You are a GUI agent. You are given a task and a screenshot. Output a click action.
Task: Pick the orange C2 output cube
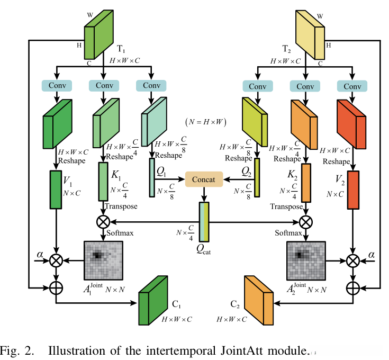coord(259,300)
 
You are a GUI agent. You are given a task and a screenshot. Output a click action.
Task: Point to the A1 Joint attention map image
coord(103,260)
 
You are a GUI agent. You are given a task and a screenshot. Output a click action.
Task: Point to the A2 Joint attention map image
coord(305,260)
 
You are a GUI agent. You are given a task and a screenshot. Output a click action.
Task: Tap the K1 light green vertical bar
coord(103,182)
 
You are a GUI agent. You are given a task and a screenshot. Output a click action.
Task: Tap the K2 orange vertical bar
coord(306,182)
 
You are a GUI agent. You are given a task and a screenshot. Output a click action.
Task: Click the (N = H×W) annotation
coord(206,122)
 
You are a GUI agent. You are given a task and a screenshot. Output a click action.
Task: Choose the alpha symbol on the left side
coord(40,255)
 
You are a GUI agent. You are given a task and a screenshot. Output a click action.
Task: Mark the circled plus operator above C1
coord(56,287)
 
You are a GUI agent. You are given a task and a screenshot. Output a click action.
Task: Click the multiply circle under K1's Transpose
coord(103,221)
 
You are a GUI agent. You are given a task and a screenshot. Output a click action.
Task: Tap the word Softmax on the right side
coord(288,233)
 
